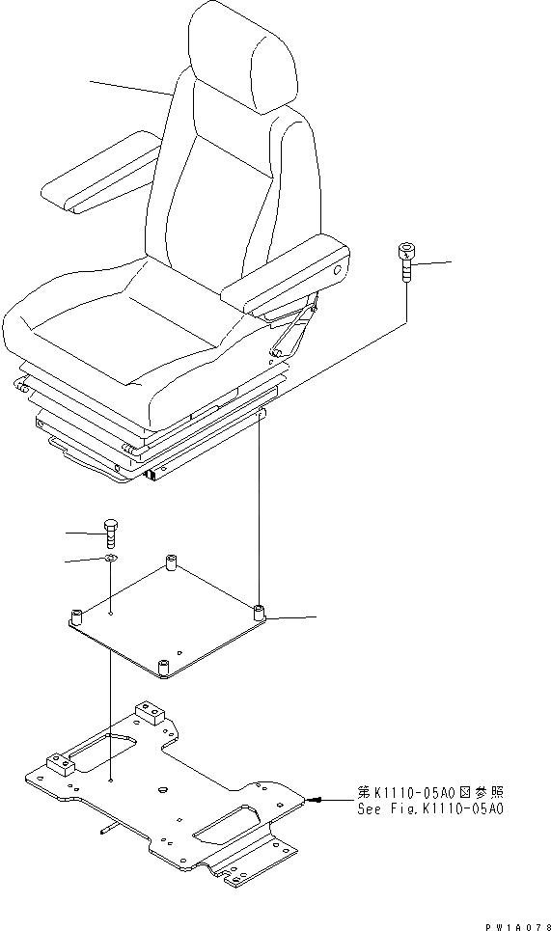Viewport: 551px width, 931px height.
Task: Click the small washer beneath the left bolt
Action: pyautogui.click(x=111, y=559)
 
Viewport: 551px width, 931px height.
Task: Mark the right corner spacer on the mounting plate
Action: pyautogui.click(x=259, y=613)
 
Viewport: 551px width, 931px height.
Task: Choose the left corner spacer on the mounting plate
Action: pyautogui.click(x=76, y=615)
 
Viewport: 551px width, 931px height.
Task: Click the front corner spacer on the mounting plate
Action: pyautogui.click(x=162, y=667)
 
